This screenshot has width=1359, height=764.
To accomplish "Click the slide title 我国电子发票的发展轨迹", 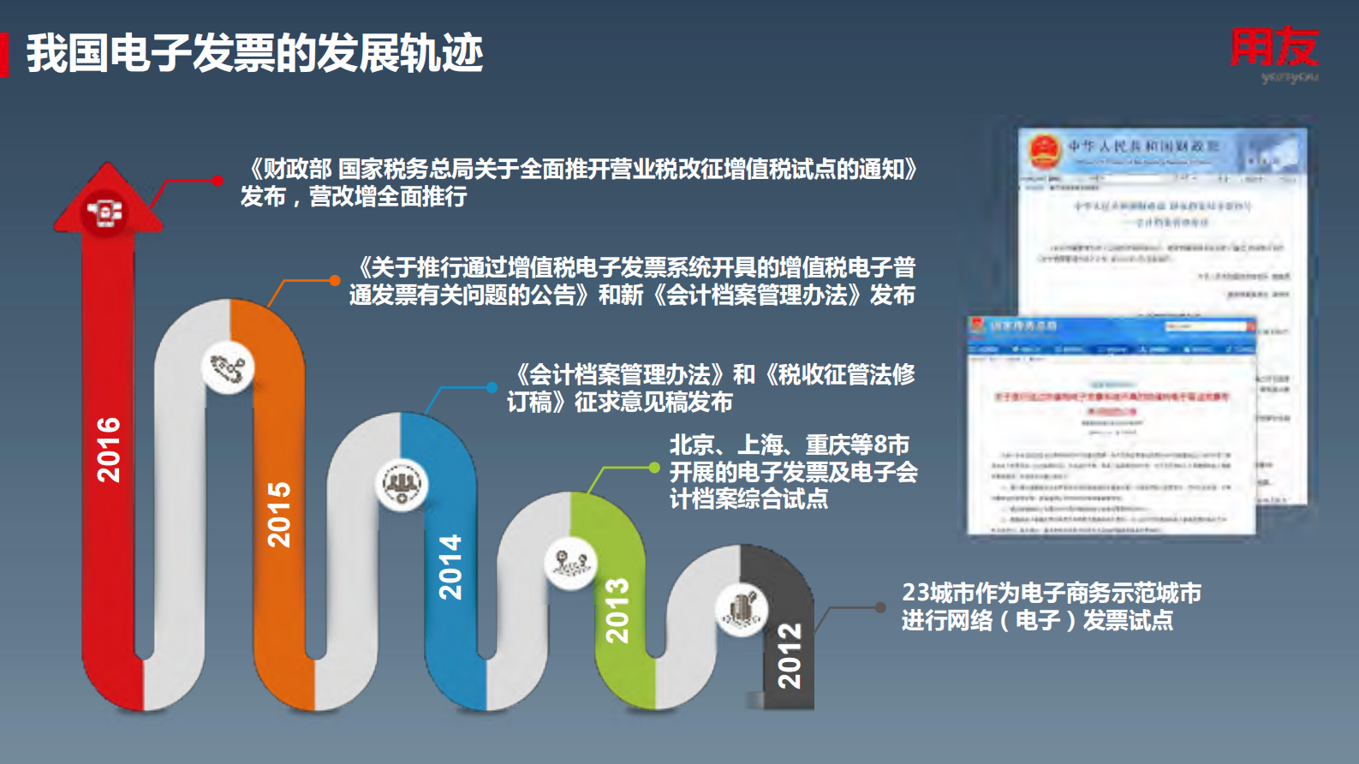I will tap(254, 53).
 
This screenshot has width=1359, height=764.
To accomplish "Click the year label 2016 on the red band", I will tap(109, 450).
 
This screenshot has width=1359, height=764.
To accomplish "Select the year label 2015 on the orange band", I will tap(279, 514).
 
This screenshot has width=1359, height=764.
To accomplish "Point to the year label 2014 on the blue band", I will tap(450, 567).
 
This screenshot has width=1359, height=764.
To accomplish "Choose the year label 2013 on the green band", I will tap(617, 611).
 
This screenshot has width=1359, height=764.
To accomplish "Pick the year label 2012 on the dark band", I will tap(789, 656).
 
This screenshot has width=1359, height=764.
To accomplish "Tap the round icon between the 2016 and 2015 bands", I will tap(229, 368).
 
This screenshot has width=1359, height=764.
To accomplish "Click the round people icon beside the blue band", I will tap(402, 485).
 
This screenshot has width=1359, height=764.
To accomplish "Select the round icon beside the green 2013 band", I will tap(571, 563).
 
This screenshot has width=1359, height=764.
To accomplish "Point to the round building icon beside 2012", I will tap(741, 610).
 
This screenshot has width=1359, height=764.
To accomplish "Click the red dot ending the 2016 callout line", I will tap(218, 181).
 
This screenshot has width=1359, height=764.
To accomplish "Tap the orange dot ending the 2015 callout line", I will tap(335, 280).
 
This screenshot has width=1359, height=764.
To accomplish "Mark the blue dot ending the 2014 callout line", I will tap(492, 387).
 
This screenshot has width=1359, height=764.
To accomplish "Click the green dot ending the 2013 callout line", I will tap(654, 468).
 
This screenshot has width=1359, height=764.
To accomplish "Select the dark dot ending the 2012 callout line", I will tap(880, 607).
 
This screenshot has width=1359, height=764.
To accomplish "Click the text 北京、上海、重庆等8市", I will tap(789, 445).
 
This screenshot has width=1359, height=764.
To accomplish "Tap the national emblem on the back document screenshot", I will tap(1044, 151).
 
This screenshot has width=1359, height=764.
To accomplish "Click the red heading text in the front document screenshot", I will tap(1112, 397).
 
